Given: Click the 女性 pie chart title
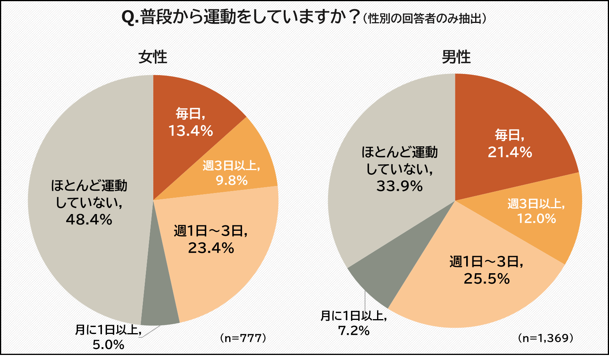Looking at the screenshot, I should [153, 58].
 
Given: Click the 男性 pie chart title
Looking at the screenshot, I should [456, 58].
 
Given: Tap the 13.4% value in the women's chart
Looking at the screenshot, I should [190, 131].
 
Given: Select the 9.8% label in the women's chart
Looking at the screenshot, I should [232, 181].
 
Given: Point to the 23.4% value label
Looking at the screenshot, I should [211, 248].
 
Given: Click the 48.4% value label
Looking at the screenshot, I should [89, 220].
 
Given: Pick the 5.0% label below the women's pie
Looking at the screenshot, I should [108, 344].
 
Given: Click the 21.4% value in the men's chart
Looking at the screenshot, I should [510, 152].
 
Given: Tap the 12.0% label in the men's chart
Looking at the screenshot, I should [536, 219].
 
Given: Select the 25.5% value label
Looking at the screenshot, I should [486, 279].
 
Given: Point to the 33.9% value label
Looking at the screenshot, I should [399, 186].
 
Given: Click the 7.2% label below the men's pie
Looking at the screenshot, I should [353, 331].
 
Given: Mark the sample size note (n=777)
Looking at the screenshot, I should [243, 338].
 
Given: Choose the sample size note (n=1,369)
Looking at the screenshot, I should [546, 338].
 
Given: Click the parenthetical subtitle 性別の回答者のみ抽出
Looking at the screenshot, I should [424, 19].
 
